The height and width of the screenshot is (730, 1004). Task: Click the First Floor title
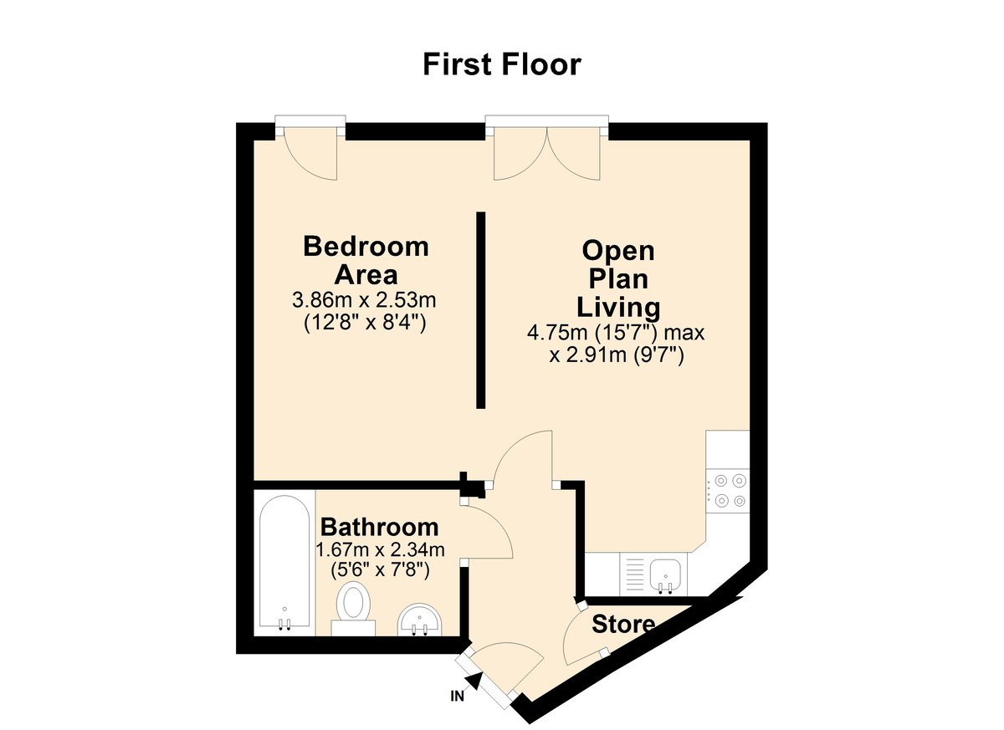coord(501,64)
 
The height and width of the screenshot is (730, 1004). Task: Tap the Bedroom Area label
coord(366,260)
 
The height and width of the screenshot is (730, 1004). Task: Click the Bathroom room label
coord(379,528)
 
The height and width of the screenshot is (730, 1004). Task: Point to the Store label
coord(623,624)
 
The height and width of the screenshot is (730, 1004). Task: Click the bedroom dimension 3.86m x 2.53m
coord(366,299)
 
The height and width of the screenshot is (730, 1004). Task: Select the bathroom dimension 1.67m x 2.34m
coord(379,549)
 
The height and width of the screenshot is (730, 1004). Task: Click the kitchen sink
coord(666,574)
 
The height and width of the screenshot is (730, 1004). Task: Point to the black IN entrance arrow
coord(474,682)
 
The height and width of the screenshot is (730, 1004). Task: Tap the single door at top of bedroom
coord(310,155)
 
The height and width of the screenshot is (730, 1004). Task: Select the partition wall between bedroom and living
coord(481,310)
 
